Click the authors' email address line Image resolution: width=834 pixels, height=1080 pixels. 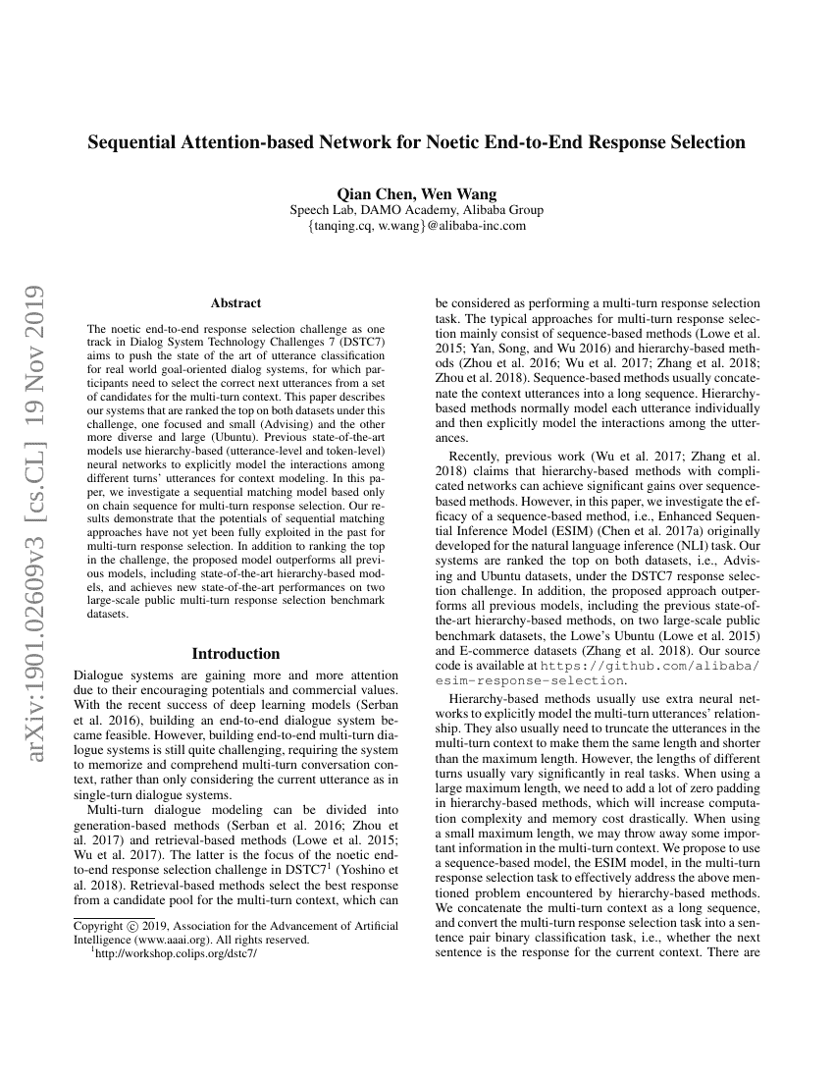pos(416,226)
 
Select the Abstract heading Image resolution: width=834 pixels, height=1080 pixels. pos(235,303)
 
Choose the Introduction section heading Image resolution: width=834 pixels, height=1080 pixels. pos(235,654)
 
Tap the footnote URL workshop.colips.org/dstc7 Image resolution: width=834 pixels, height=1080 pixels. pos(174,954)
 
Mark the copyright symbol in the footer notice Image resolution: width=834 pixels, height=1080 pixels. pos(132,926)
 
